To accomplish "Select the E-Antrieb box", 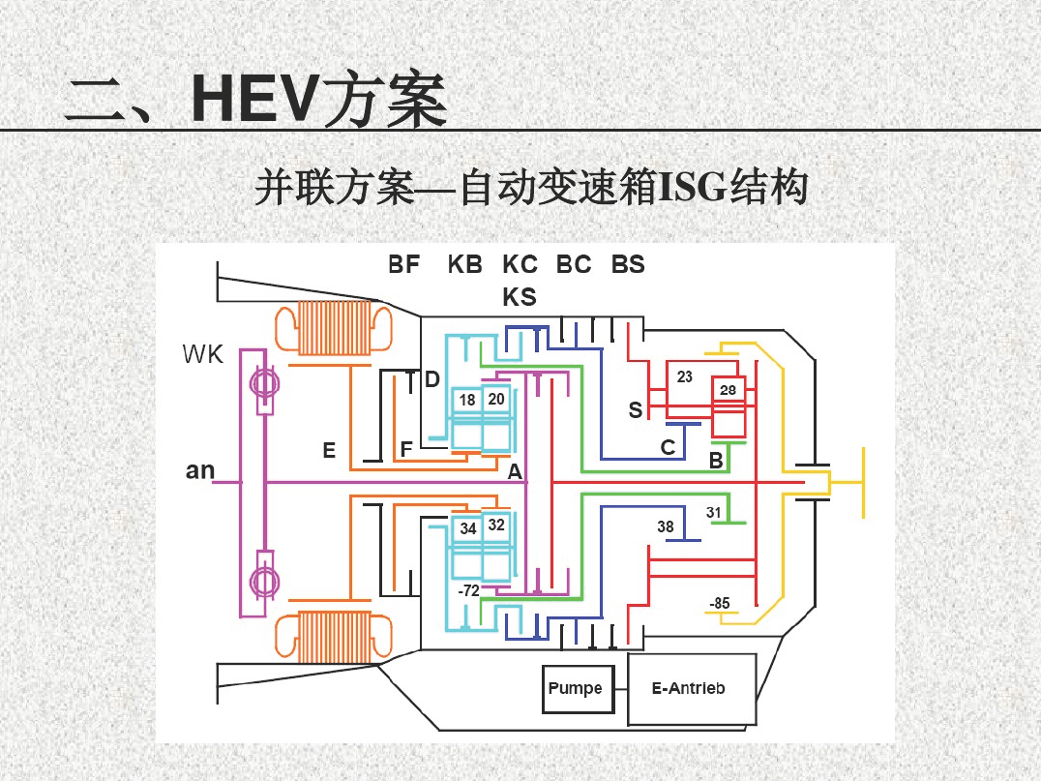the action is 691,689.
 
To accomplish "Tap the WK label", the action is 202,354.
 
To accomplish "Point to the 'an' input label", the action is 200,470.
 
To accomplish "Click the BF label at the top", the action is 403,264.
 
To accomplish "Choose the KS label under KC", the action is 520,297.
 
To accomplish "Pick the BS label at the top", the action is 628,264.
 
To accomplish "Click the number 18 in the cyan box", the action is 467,400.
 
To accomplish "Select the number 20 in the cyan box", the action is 496,399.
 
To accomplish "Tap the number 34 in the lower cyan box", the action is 468,528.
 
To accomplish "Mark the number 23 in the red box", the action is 684,377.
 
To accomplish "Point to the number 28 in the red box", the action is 728,390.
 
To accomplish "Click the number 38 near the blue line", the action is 666,526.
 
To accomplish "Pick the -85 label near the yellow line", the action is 720,603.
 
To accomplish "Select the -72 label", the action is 468,590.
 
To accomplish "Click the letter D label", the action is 432,380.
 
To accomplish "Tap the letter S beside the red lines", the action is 636,410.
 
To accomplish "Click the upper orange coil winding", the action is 334,327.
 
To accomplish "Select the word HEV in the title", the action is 253,100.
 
